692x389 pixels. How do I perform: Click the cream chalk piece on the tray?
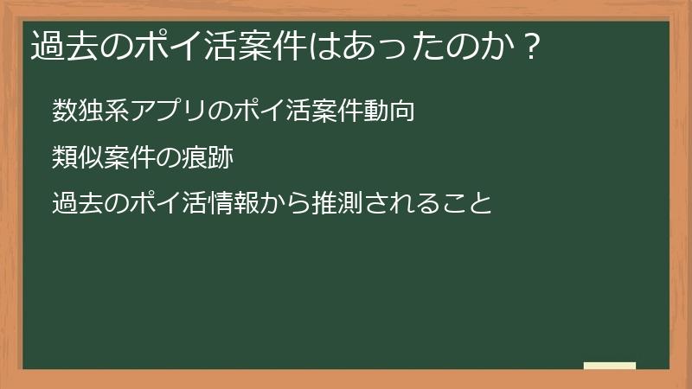610,367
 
